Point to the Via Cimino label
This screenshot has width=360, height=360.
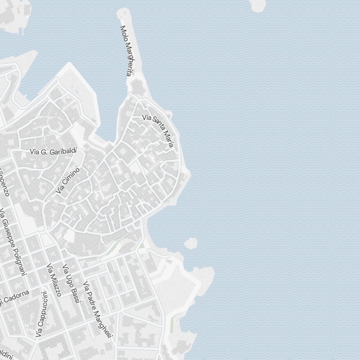pyautogui.click(x=68, y=180)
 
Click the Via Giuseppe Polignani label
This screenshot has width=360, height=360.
pyautogui.click(x=13, y=242)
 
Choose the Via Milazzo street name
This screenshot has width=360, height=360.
pyautogui.click(x=54, y=280)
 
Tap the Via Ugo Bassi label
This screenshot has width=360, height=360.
pyautogui.click(x=71, y=284)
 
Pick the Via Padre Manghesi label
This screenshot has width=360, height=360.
pyautogui.click(x=96, y=309)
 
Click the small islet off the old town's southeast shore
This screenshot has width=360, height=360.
pyautogui.click(x=190, y=243)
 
